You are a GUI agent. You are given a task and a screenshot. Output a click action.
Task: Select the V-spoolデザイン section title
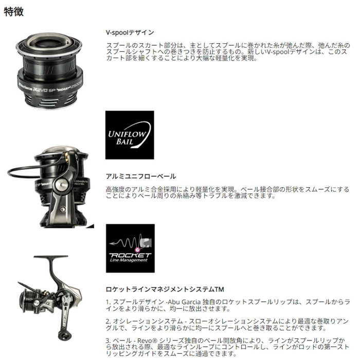click(130, 32)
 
